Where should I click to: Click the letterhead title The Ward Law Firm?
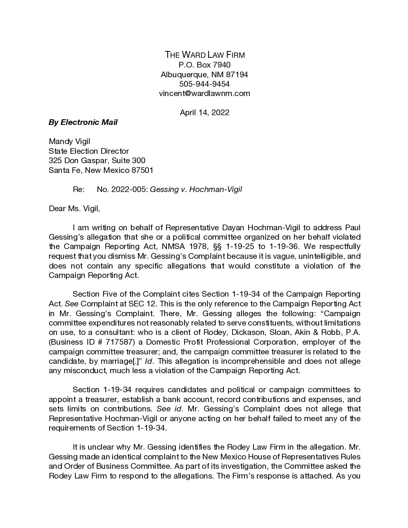[205, 55]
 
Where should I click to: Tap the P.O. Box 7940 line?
[204, 65]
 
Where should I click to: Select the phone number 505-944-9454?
[204, 84]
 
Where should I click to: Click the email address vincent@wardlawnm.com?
[204, 93]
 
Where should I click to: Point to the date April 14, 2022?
[204, 112]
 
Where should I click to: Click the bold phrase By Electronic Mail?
[83, 122]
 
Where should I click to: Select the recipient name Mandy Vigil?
[69, 141]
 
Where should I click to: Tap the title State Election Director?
[89, 151]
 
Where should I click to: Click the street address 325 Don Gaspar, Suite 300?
[97, 160]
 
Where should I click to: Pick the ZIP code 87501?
[142, 170]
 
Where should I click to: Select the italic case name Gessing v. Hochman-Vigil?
[196, 189]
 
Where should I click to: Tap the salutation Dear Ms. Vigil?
[74, 208]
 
